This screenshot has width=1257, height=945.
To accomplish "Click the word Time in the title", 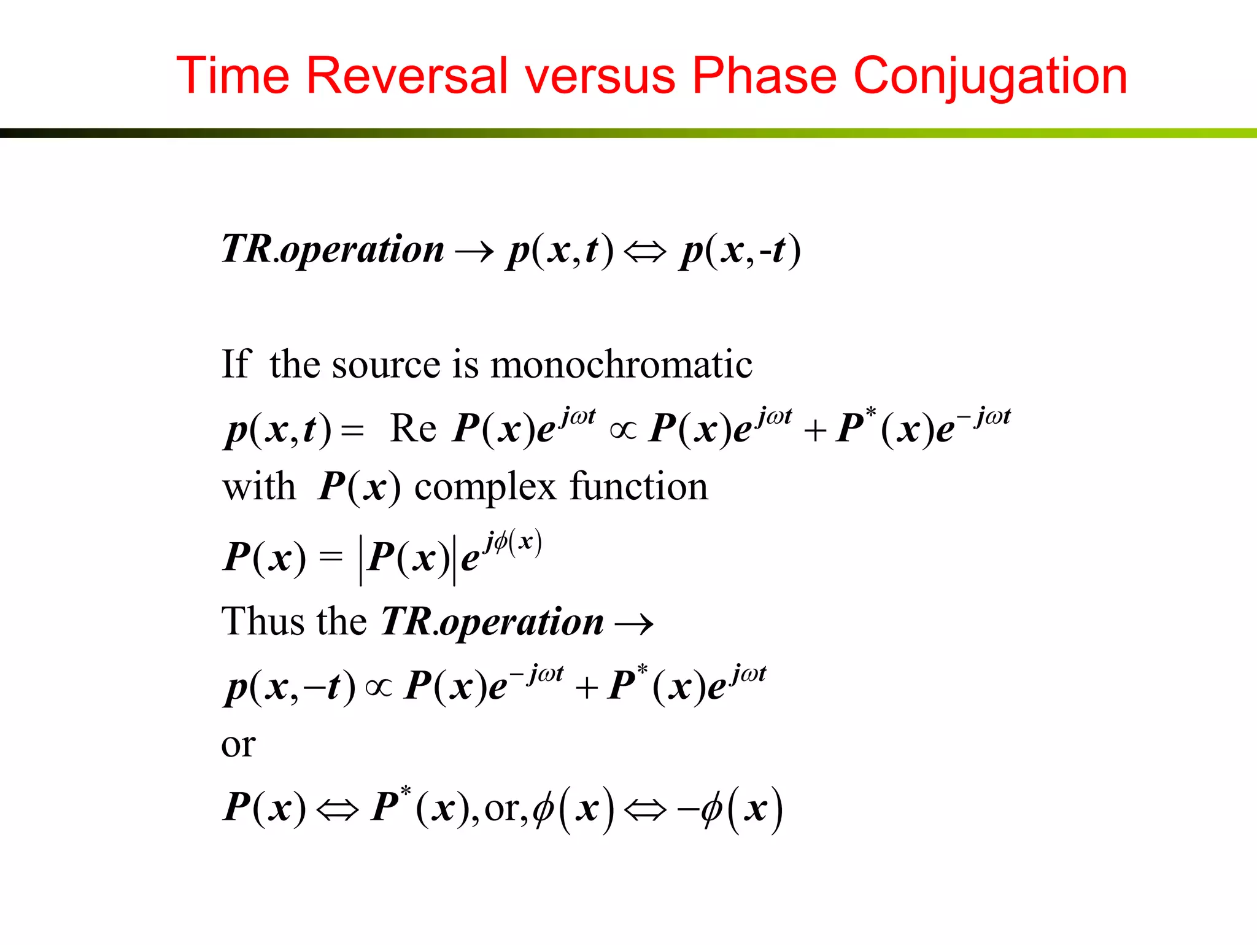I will [x=233, y=76].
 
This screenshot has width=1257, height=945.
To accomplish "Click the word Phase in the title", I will [x=764, y=76].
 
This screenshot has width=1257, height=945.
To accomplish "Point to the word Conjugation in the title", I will [x=990, y=77].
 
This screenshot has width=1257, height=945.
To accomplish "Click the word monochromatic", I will [x=621, y=364].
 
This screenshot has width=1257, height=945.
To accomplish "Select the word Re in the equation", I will [x=412, y=428].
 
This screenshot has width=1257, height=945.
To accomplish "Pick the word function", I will [x=639, y=486].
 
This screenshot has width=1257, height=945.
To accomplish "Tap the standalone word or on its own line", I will [x=238, y=745].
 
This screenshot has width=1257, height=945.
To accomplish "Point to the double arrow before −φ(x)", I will [x=644, y=810].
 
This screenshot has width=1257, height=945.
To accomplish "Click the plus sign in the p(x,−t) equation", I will [x=587, y=687].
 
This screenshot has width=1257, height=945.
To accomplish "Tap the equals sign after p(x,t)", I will [x=352, y=430].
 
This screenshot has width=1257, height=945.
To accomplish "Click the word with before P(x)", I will [x=259, y=487].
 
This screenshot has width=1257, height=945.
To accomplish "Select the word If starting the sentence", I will [x=236, y=364].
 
